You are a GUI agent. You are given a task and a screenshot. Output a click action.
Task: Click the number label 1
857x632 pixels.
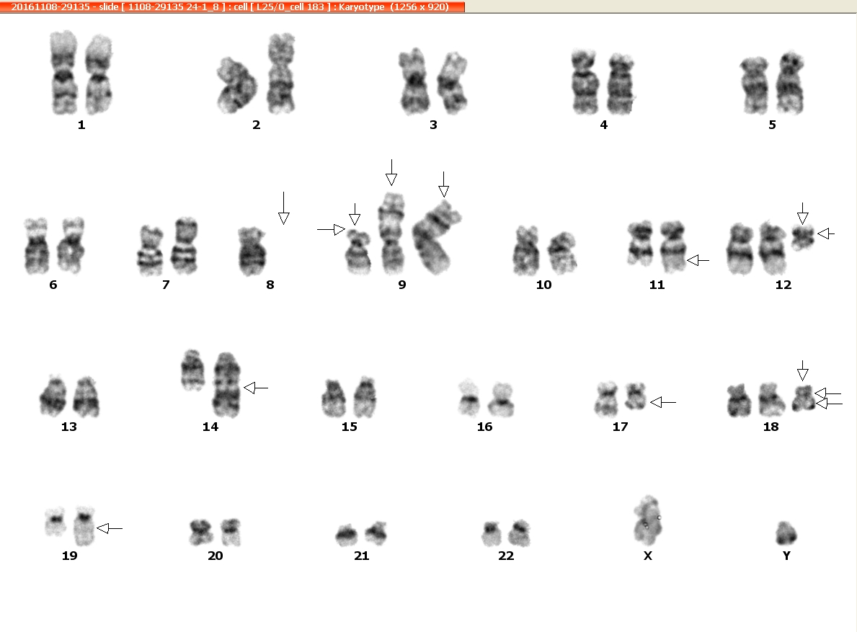coord(81,125)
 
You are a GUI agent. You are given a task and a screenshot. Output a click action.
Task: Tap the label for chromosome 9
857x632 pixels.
coord(402,285)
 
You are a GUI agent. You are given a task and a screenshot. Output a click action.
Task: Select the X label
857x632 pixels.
coord(648,556)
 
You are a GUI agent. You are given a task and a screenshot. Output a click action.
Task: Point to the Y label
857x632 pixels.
coord(786,556)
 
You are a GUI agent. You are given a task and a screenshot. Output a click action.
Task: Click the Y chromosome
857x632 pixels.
coord(786,533)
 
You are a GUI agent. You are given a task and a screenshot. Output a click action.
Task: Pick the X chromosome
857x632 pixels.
coord(648,520)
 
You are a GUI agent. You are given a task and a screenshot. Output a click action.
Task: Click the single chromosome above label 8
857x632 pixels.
coord(252,252)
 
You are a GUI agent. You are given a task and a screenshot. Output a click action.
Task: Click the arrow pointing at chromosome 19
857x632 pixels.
coord(110,528)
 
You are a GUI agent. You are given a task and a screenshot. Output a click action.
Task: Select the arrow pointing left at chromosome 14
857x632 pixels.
coord(256,388)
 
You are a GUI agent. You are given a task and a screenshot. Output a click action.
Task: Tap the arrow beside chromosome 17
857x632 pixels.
coord(663,403)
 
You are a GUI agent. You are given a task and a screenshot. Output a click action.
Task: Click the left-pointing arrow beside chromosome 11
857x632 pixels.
coord(698,261)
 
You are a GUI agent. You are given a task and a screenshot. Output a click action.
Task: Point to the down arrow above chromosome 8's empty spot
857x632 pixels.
coord(284,208)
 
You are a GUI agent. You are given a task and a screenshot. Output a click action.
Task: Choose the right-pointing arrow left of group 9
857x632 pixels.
coord(332,229)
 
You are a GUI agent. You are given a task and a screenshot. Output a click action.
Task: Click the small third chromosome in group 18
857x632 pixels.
coord(804,399)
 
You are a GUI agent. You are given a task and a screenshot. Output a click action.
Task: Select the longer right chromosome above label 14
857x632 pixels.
coord(226,385)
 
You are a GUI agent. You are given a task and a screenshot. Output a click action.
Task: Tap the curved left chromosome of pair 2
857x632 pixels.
coord(236,85)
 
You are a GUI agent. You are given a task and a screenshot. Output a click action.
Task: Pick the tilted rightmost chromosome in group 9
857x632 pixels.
coord(435,238)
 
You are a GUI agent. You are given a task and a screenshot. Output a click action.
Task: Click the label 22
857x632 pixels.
coord(506,556)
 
